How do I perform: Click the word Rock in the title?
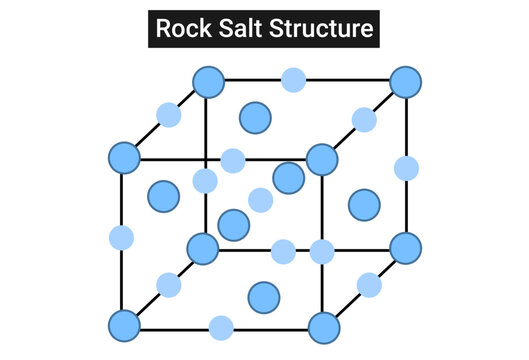(x=184, y=29)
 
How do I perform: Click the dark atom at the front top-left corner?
(x=124, y=157)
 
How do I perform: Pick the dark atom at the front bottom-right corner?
(x=324, y=327)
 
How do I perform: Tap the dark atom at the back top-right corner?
(x=405, y=81)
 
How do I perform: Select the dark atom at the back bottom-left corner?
(x=203, y=247)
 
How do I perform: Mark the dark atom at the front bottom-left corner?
(x=124, y=326)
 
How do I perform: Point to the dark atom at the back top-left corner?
(x=208, y=81)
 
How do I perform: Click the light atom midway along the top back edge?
(x=293, y=80)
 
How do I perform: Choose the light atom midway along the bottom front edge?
(x=221, y=327)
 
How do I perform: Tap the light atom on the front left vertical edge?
(x=121, y=238)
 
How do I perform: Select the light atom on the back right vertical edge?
(x=406, y=167)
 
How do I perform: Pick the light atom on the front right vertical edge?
(x=322, y=251)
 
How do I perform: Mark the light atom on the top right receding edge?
(x=364, y=121)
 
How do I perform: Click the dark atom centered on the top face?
(x=255, y=117)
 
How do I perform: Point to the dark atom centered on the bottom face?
(x=264, y=296)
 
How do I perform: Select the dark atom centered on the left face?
(x=163, y=196)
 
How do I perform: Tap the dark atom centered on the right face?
(x=364, y=205)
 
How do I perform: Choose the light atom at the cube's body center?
(x=260, y=200)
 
